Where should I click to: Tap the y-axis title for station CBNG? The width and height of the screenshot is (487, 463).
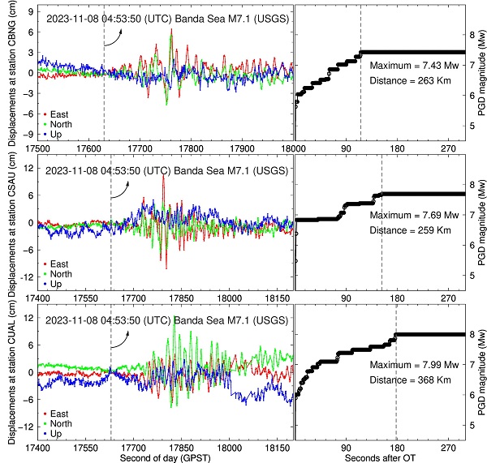point(14,77)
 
